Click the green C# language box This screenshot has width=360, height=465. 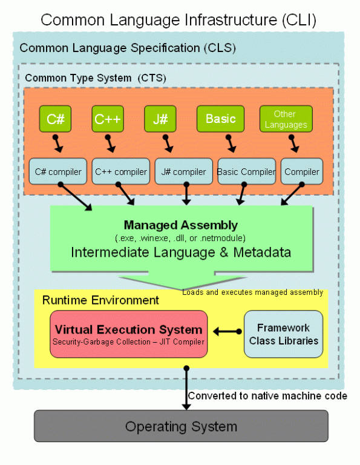coord(55,119)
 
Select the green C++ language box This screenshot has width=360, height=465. coord(108,119)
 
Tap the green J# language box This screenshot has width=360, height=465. coord(160,119)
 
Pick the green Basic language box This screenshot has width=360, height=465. coord(220,119)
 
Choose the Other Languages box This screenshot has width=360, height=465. coord(286,119)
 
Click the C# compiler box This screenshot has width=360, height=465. coord(57,171)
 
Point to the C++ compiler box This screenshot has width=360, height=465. coord(120,171)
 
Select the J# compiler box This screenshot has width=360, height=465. coord(183,171)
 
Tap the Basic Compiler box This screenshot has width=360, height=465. coord(246,171)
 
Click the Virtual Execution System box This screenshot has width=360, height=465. coord(128,335)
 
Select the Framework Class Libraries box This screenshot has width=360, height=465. coord(284,335)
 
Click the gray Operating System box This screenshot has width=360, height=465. coord(181,426)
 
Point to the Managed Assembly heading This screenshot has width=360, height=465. coord(181,225)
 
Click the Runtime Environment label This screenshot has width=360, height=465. coord(100,300)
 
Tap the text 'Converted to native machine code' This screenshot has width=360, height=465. coord(267,396)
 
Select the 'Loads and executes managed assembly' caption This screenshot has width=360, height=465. coord(252,292)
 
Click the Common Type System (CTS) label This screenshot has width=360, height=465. coord(96,77)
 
